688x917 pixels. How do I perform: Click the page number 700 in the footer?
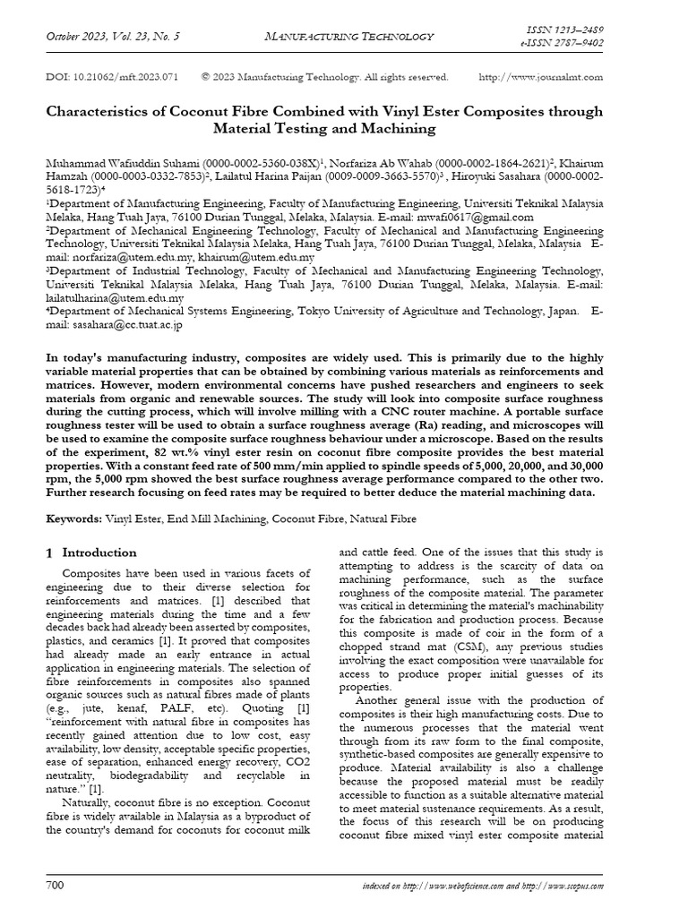point(56,886)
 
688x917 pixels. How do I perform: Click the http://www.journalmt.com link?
point(541,77)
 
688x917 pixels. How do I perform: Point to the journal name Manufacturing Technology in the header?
point(350,36)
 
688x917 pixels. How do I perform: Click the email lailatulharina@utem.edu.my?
point(115,297)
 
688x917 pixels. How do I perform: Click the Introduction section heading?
point(99,553)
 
